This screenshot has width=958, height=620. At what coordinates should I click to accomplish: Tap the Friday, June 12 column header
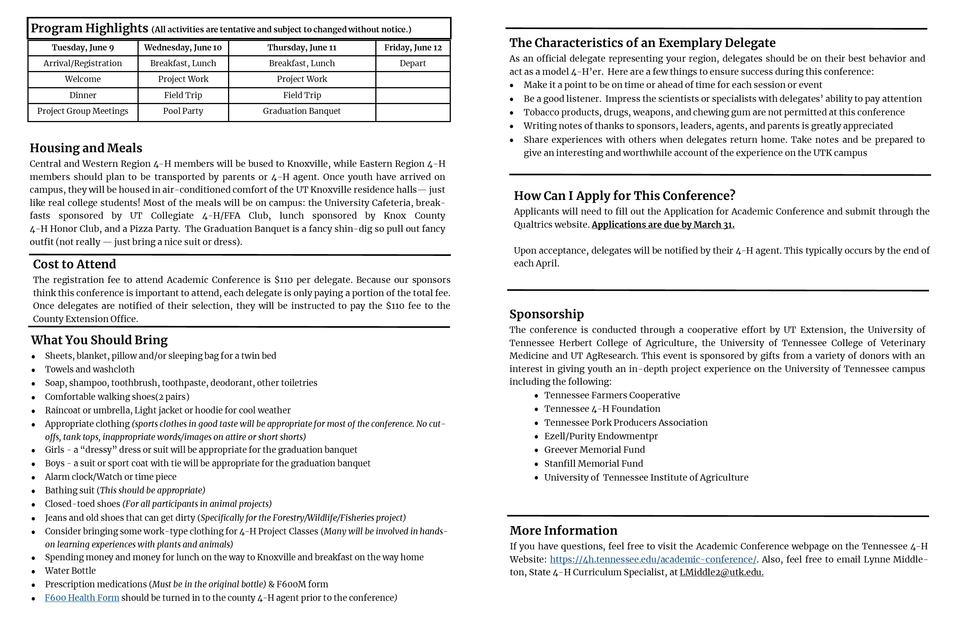(413, 47)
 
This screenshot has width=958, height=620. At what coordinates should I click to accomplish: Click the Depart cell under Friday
(413, 63)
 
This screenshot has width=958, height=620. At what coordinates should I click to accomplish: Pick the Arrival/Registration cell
(83, 63)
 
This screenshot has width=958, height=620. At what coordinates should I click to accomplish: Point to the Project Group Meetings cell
(83, 111)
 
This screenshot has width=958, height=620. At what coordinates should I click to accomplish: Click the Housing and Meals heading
(86, 148)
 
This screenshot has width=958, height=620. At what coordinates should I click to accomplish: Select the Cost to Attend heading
(74, 264)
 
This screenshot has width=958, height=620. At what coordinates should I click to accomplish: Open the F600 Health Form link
(82, 598)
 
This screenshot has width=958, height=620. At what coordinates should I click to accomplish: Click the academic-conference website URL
(653, 560)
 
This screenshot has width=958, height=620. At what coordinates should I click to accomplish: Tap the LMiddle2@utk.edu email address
(721, 573)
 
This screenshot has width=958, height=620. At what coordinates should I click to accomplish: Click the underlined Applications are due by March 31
(663, 225)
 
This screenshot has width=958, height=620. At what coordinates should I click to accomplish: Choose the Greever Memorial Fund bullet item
(594, 450)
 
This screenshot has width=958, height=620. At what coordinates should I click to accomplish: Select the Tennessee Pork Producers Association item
(626, 423)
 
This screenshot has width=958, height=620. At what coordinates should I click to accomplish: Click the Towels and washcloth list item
(89, 369)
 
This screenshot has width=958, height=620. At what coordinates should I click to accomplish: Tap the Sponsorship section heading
(546, 314)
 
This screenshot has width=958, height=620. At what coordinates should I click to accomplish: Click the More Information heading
(563, 531)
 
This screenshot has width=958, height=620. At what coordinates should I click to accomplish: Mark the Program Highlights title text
(89, 28)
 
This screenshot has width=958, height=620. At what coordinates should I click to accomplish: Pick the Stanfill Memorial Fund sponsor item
(593, 464)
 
